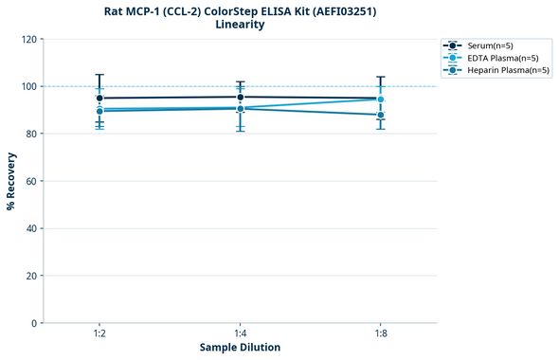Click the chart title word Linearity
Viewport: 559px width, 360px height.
pyautogui.click(x=240, y=25)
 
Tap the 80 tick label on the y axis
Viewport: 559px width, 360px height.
pyautogui.click(x=31, y=134)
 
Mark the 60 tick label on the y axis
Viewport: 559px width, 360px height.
pyautogui.click(x=31, y=181)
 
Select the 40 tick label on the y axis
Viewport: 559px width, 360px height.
pyautogui.click(x=31, y=228)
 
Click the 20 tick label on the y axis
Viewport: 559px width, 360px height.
pyautogui.click(x=31, y=276)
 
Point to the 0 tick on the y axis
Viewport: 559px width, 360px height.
pyautogui.click(x=34, y=323)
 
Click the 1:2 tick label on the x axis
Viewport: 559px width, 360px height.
pyautogui.click(x=99, y=333)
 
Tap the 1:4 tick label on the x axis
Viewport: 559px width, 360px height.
pyautogui.click(x=240, y=333)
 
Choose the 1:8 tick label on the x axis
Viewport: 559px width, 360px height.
pyautogui.click(x=381, y=333)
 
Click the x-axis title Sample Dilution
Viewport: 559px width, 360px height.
pyautogui.click(x=240, y=348)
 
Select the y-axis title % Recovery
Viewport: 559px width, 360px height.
pyautogui.click(x=11, y=181)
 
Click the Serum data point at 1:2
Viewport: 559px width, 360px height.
pyautogui.click(x=99, y=98)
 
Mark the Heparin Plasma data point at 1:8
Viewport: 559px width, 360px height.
pyautogui.click(x=381, y=115)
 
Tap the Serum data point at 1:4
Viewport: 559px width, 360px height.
pyautogui.click(x=240, y=97)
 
